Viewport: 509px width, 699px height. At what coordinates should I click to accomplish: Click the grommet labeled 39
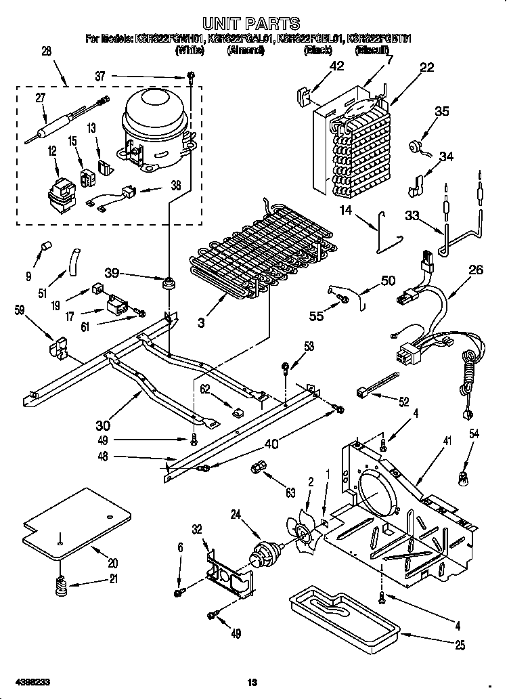166,281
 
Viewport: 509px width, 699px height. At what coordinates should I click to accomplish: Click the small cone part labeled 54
464,479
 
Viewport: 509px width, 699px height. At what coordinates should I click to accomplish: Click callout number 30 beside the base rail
102,425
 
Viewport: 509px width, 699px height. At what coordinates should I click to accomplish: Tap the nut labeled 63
257,468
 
